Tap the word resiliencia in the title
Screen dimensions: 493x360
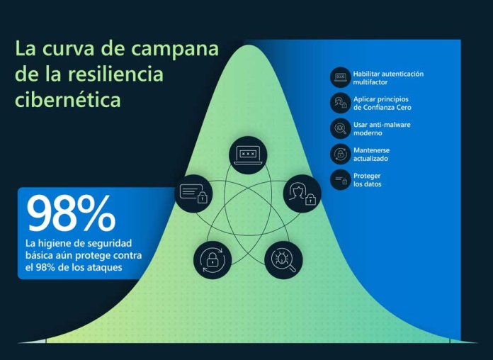tap(115, 74)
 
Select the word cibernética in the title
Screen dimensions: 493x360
tap(68, 99)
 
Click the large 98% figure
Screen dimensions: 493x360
tap(71, 213)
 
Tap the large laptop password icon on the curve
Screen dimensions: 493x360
tap(248, 155)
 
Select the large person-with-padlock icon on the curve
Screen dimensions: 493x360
tap(302, 194)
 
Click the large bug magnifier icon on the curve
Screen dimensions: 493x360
tap(283, 260)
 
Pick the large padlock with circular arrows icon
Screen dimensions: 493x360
tap(212, 260)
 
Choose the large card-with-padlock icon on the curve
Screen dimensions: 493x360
tap(193, 194)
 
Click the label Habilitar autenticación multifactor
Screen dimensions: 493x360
tap(388, 78)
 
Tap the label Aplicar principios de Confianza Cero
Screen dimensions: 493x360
tap(382, 103)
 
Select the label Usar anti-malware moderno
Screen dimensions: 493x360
tap(382, 129)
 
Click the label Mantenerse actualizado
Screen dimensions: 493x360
tap(371, 154)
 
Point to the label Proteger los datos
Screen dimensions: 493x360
tap(367, 180)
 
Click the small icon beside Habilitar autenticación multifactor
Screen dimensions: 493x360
tap(341, 77)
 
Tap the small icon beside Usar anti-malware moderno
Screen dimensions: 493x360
tap(341, 128)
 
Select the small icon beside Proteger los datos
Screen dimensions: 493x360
tap(341, 180)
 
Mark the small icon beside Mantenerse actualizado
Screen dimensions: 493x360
tap(341, 154)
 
